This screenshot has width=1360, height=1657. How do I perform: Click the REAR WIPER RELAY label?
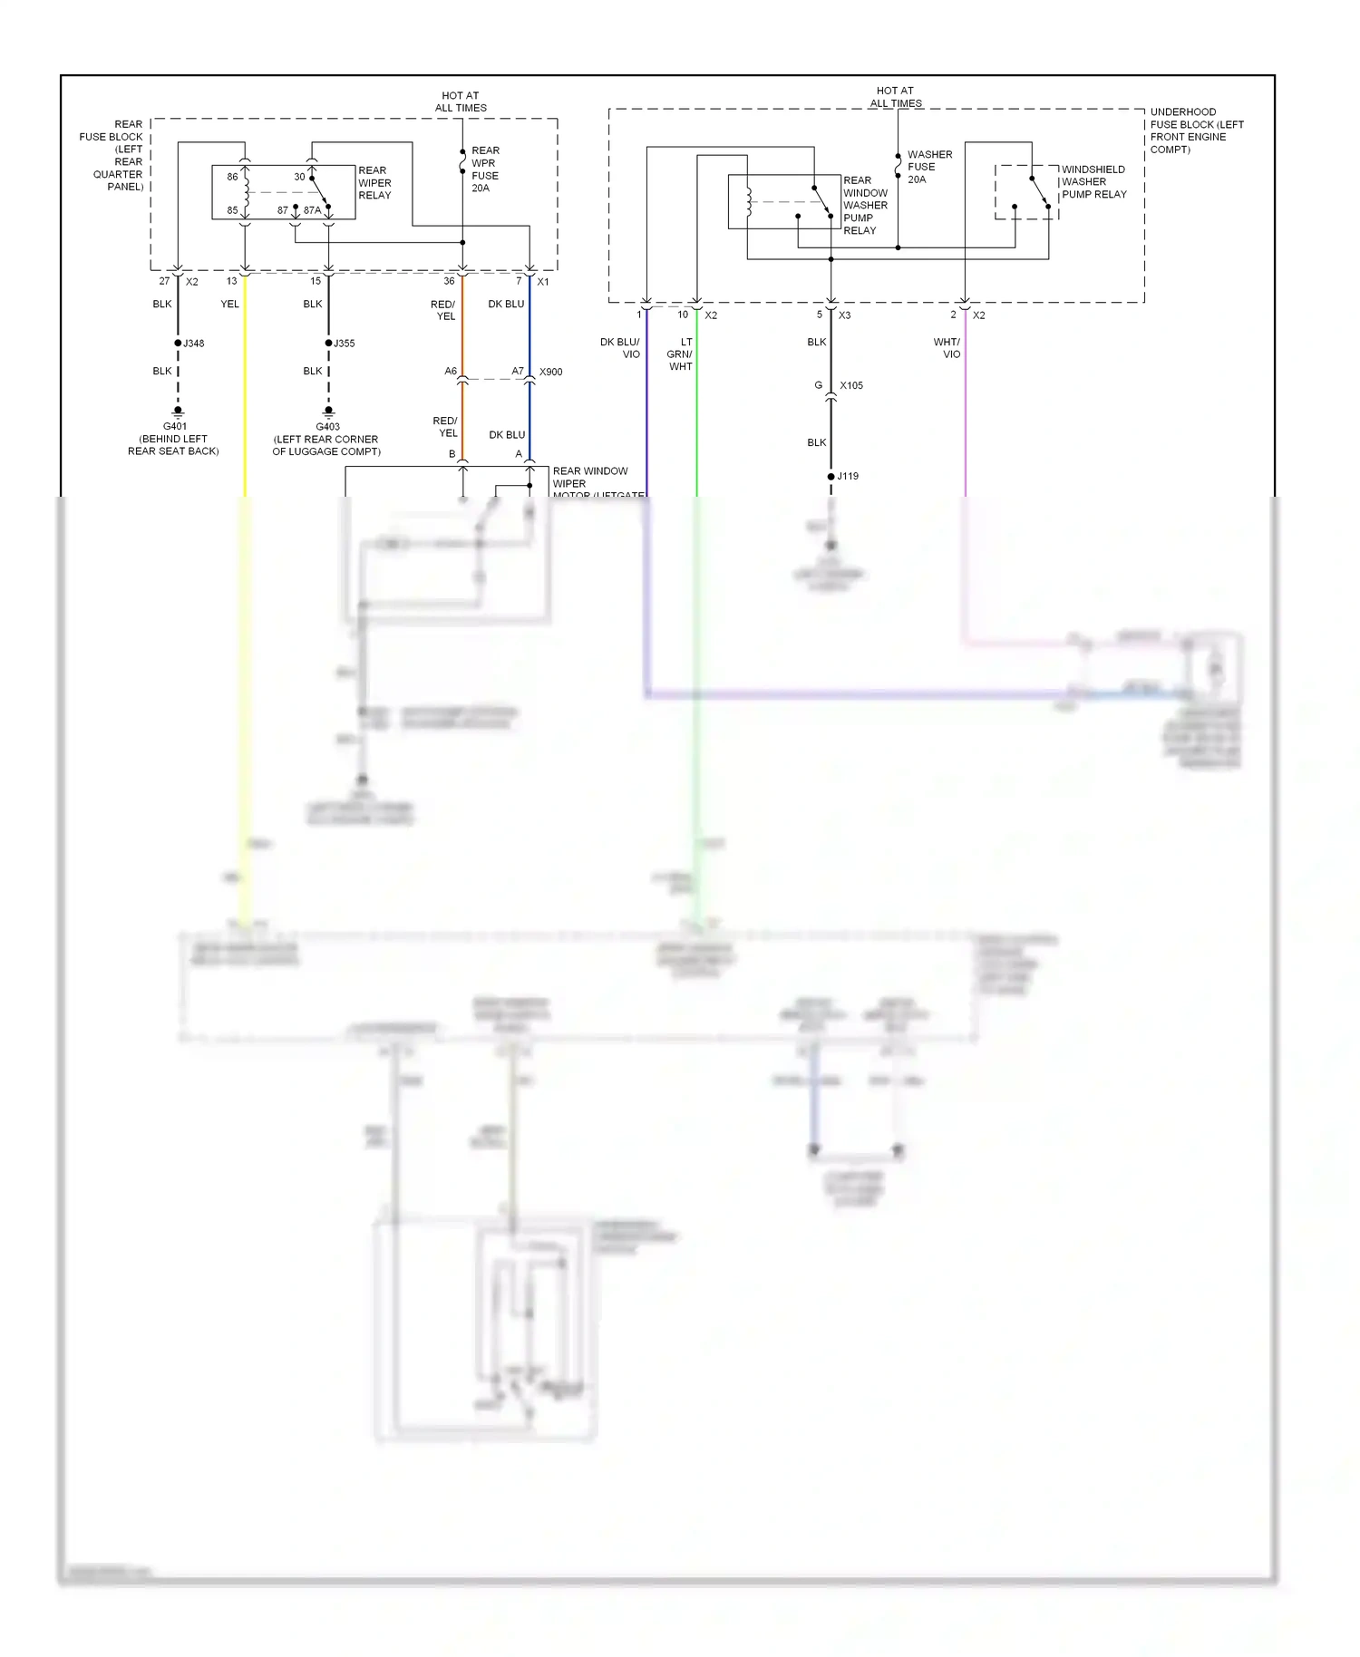coord(374,183)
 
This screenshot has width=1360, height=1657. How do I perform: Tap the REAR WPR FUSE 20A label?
coord(485,170)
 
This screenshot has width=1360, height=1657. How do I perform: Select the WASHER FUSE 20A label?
coord(929,167)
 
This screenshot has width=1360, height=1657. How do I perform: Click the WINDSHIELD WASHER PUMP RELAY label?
coord(1093,181)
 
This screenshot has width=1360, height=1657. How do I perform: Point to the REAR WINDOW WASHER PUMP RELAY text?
coord(865,206)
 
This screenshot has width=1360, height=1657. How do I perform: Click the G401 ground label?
coord(175,426)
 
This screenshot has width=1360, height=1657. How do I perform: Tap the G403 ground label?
coord(327,426)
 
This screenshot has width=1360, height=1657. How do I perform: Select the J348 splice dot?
coord(178,343)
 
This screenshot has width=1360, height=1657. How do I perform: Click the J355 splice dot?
coord(328,343)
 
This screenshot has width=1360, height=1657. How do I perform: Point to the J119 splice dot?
coord(831,476)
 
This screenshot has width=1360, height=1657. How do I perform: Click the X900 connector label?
coord(550,372)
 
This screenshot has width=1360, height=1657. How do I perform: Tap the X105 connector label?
coord(850,385)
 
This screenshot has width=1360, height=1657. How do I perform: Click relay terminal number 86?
coord(232,177)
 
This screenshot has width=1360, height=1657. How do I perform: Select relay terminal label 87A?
coord(312,210)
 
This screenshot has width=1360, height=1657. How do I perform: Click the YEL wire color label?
coord(229,304)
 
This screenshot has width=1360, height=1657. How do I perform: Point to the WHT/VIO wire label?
coord(947,348)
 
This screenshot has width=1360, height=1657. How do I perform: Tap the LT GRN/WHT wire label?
coord(680,354)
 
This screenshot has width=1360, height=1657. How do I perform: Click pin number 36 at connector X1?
coord(449,281)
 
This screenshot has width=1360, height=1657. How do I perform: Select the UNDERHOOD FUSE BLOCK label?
coord(1196,131)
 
